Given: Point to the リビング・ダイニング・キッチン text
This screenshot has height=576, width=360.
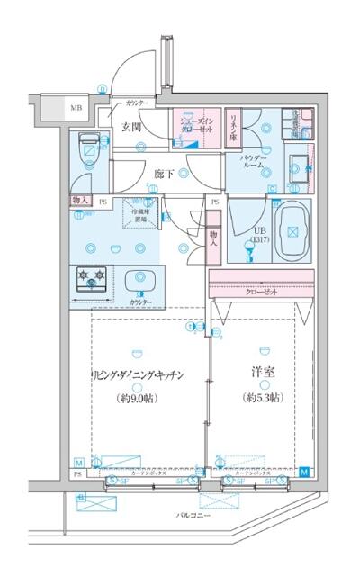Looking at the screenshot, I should tap(137, 376).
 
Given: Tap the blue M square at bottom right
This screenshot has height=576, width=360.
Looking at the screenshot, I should tap(303, 472).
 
